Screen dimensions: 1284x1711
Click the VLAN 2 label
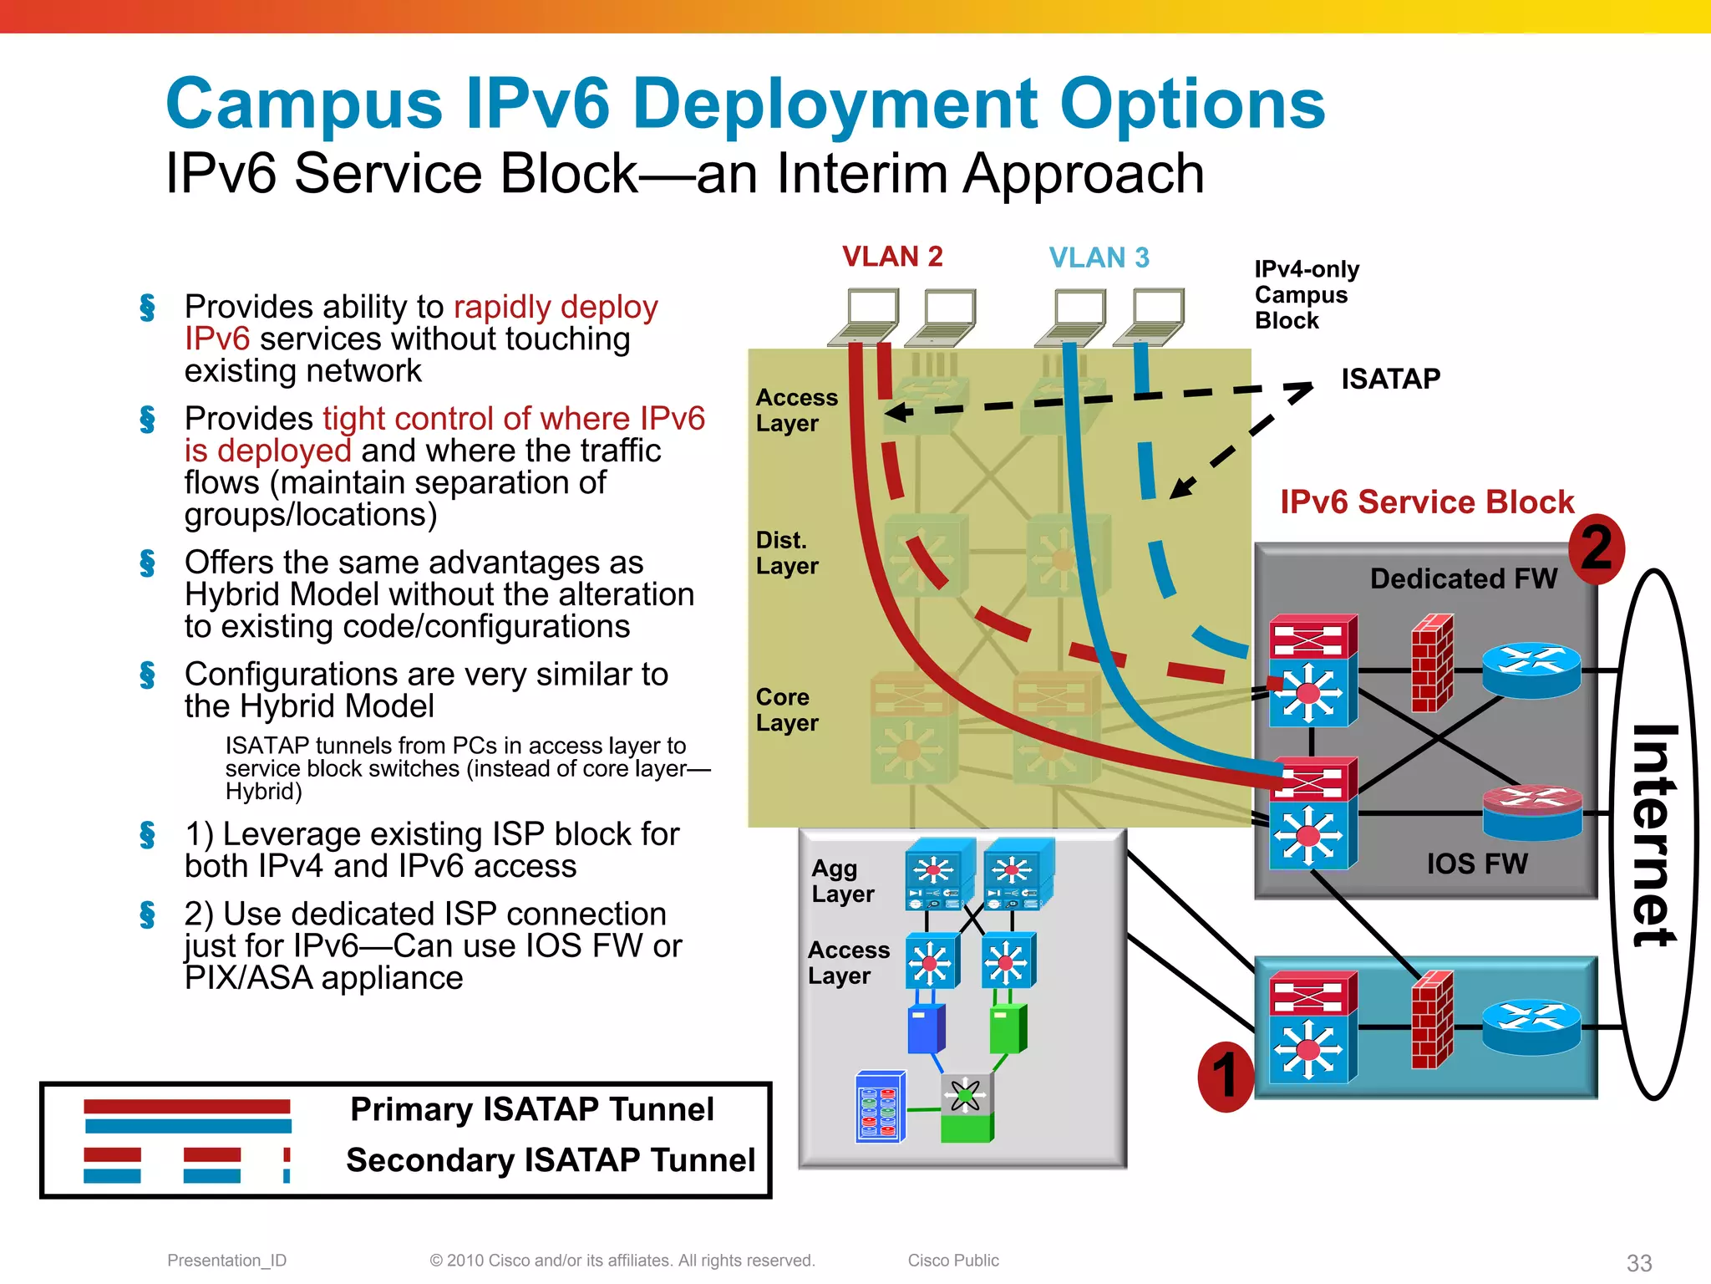(x=891, y=256)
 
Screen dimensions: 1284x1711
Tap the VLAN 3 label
(x=1099, y=257)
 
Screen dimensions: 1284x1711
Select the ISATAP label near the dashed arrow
(x=1390, y=379)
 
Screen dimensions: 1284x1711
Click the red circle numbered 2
(x=1596, y=548)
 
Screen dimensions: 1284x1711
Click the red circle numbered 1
(x=1225, y=1076)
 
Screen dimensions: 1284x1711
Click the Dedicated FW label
(x=1463, y=578)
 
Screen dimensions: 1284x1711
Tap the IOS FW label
(x=1476, y=864)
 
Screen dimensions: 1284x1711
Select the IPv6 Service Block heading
(x=1426, y=502)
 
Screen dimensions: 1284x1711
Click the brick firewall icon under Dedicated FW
(x=1432, y=663)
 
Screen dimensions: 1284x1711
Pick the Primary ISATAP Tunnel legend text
(x=531, y=1109)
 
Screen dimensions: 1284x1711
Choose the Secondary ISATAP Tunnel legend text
(x=550, y=1160)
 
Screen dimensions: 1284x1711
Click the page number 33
(x=1638, y=1262)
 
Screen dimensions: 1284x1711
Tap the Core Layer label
(x=786, y=710)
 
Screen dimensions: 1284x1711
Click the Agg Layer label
(x=841, y=881)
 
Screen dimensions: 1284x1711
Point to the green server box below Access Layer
(x=1008, y=1029)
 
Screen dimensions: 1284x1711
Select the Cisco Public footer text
(x=952, y=1261)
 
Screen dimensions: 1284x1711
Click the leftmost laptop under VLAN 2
(x=865, y=317)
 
